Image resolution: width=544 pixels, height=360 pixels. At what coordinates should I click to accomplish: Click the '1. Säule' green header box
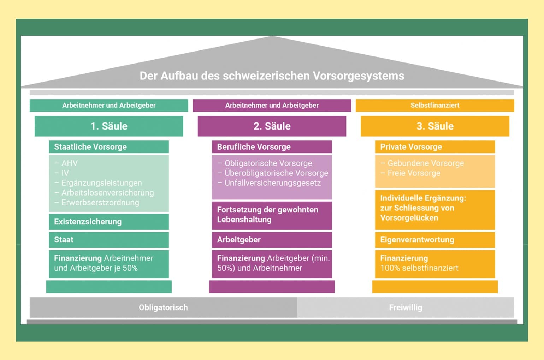coord(109,126)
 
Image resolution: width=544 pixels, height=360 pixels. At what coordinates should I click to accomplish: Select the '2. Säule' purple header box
coord(272,126)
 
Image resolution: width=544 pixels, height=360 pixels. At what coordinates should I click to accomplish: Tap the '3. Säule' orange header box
coord(435,126)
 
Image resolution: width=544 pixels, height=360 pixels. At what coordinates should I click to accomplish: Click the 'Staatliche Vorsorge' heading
coord(90,147)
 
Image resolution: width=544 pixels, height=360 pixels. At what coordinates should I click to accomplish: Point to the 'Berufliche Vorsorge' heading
coord(254,147)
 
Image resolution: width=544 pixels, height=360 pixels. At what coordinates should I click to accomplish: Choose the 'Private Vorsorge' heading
coord(411,147)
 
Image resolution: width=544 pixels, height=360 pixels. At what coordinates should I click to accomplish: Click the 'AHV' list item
coord(69,163)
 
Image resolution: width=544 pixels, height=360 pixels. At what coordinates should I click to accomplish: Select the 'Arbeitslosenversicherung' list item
coord(107,193)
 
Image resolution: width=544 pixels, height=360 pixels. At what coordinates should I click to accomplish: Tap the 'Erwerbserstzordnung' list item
coord(100,203)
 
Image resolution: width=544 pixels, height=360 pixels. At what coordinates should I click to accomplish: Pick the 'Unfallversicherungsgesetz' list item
coord(272,183)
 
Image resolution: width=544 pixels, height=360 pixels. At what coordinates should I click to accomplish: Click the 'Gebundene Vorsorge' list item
coord(425,163)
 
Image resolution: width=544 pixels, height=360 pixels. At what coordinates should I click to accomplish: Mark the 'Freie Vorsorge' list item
coord(414,173)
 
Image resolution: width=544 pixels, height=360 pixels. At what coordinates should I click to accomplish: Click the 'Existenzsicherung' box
coord(88,222)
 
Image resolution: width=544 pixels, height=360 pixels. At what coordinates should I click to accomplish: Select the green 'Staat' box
coord(64,240)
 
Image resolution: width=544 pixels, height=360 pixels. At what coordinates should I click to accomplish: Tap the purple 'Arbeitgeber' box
coord(239,240)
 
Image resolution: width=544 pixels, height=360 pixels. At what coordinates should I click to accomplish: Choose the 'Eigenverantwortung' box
coord(417,240)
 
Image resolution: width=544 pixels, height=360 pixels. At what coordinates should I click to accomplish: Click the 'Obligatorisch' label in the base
coord(163,307)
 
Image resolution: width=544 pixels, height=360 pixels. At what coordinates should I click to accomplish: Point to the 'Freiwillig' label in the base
coord(406,307)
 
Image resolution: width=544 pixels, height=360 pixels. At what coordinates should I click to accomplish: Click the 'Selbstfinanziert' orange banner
coord(435,105)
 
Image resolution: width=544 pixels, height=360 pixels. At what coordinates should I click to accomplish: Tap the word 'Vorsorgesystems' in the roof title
coord(359,76)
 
